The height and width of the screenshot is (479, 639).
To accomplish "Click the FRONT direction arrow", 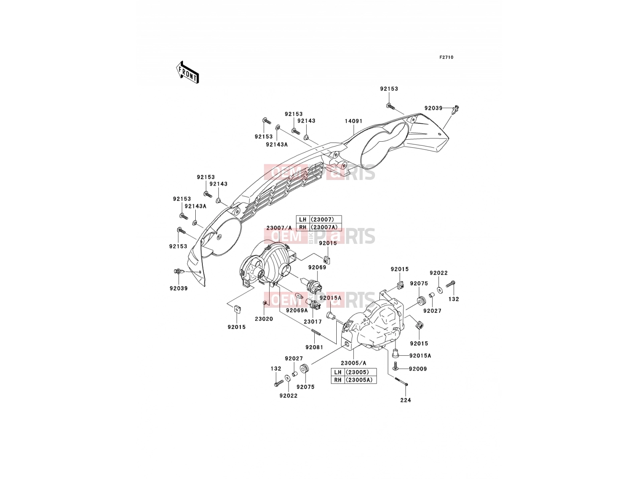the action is click(187, 72).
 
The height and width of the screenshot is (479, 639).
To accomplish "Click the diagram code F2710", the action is click(446, 57).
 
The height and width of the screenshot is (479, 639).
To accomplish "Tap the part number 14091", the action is click(353, 121).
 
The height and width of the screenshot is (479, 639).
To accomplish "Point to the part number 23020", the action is click(264, 319).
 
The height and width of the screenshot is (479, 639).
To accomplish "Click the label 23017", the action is click(313, 322).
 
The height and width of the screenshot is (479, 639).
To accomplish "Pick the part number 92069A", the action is click(297, 310).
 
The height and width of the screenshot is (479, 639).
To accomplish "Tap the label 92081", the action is click(314, 347).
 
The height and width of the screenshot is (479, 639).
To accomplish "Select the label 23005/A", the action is click(353, 363).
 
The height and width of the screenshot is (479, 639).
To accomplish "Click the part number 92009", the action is click(418, 369).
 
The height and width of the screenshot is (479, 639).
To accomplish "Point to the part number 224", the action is click(405, 400).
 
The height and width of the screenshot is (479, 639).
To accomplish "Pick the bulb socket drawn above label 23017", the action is click(314, 305).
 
